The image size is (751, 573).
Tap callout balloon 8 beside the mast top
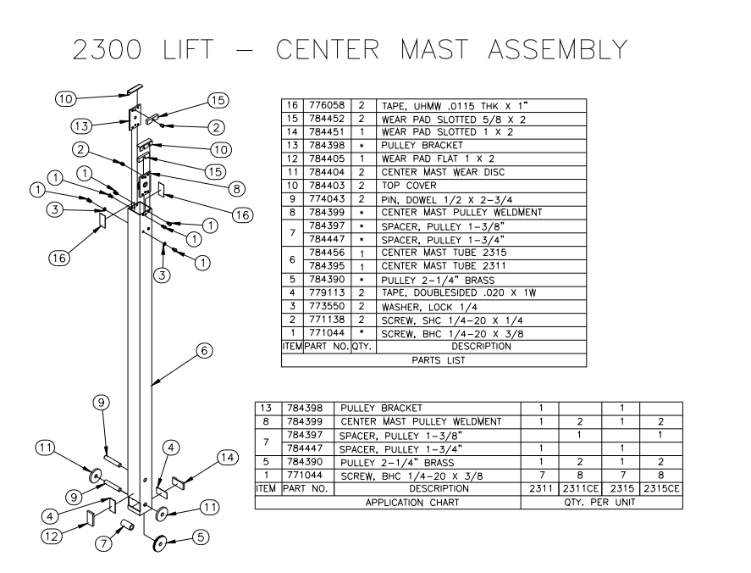(237, 188)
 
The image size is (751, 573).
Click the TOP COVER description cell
(409, 185)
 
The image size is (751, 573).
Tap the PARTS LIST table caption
(433, 359)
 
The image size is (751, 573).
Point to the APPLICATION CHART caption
(388, 503)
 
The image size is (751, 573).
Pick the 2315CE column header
(661, 489)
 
